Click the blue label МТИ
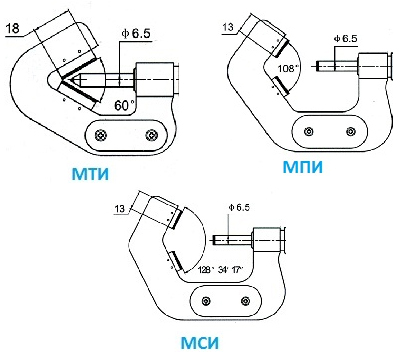click(x=90, y=174)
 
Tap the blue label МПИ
click(x=303, y=167)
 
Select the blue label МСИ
click(x=200, y=343)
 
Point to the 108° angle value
click(x=287, y=68)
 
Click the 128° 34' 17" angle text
click(x=221, y=269)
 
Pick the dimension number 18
click(x=13, y=28)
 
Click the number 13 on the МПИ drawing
click(x=228, y=27)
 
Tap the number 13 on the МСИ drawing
click(x=120, y=209)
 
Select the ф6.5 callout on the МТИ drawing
click(x=136, y=34)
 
